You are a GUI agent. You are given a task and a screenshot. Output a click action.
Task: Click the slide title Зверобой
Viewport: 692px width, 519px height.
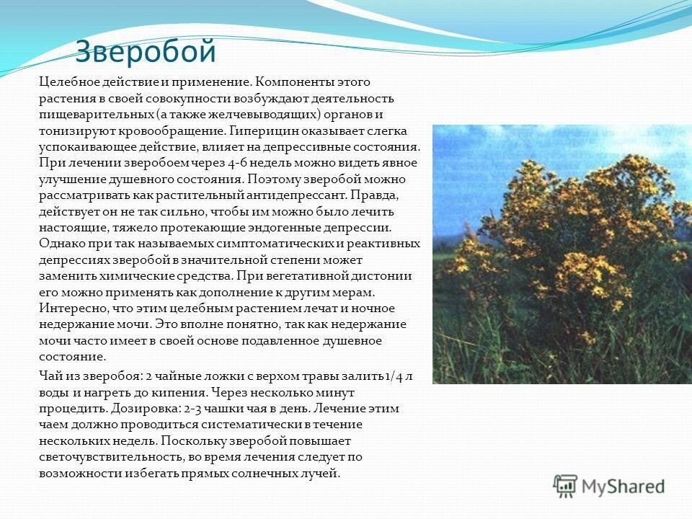pyautogui.click(x=146, y=51)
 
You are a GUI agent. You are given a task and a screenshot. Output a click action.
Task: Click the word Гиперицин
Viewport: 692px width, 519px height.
pyautogui.click(x=266, y=130)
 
